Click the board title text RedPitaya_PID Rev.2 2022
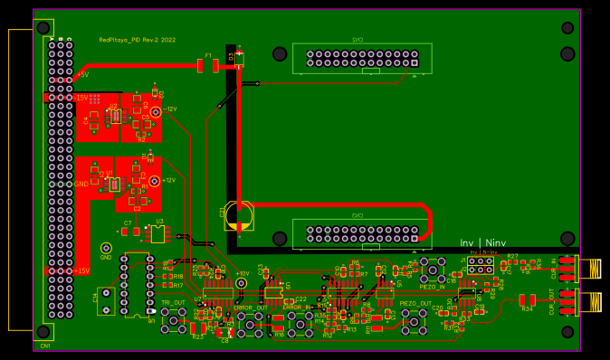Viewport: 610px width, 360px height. [137, 40]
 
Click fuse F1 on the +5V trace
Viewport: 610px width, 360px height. [209, 64]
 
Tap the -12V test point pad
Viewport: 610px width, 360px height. [156, 111]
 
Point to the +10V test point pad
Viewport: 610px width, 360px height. [241, 283]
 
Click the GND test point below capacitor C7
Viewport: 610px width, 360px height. [106, 248]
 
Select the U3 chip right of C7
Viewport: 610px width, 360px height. [157, 232]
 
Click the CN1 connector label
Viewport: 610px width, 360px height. [45, 346]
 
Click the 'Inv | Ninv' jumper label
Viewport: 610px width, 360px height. [482, 242]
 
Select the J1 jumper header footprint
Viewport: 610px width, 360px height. [480, 265]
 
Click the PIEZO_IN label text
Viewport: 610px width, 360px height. [432, 287]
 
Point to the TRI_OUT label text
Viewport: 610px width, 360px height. [173, 302]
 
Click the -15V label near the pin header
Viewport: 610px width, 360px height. [81, 97]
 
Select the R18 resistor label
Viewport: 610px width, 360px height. [177, 276]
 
